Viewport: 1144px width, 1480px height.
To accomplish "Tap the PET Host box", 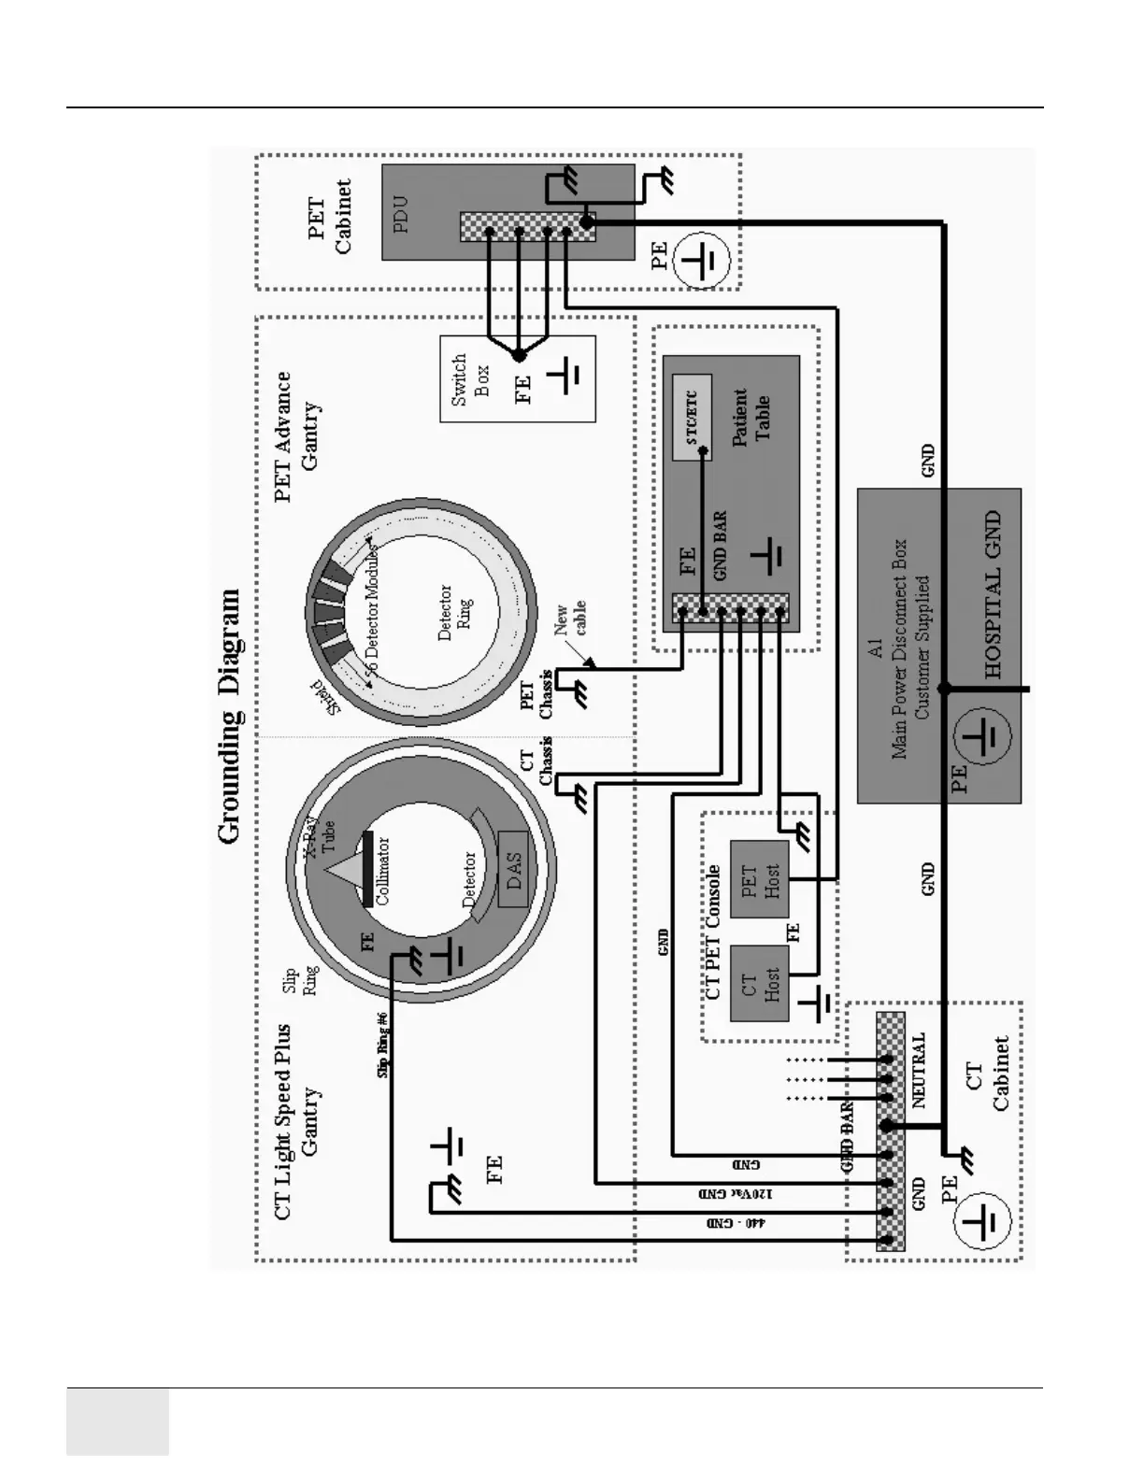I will pyautogui.click(x=759, y=879).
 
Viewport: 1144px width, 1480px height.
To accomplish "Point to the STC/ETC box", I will pyautogui.click(x=692, y=417).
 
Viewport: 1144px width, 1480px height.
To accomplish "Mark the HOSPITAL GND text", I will pyautogui.click(x=993, y=594).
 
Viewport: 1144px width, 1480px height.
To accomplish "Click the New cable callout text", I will pyautogui.click(x=570, y=619).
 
